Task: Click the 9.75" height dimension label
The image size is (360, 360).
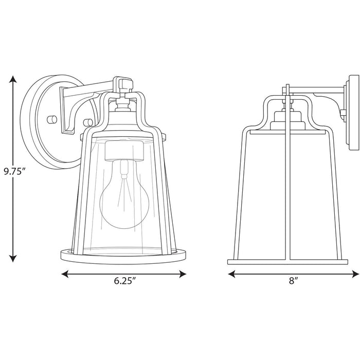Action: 14,171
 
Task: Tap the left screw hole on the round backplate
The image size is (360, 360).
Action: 51,119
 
